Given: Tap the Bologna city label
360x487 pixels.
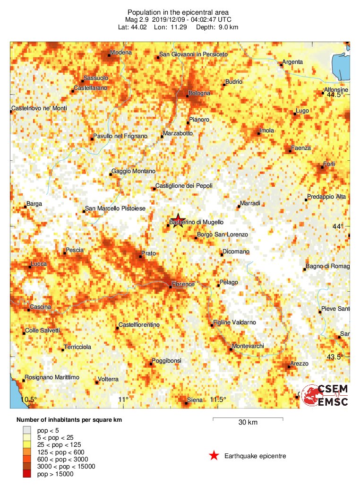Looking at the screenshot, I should [199, 93].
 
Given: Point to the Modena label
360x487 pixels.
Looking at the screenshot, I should [121, 52].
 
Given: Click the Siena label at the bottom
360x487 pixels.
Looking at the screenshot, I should [195, 400].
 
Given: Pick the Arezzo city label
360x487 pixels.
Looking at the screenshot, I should [299, 364].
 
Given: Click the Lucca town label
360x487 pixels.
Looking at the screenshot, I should [38, 264].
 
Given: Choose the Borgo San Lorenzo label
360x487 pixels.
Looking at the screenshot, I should [223, 235].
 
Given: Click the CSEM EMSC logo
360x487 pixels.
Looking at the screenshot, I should [326, 396].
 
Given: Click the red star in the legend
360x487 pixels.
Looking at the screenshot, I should [214, 456].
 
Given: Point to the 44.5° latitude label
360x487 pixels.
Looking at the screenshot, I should [335, 95].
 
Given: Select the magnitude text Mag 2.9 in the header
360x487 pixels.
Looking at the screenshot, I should [137, 20].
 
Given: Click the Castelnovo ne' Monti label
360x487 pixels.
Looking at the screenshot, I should [40, 108].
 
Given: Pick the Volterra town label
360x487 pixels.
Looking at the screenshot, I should [108, 379].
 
